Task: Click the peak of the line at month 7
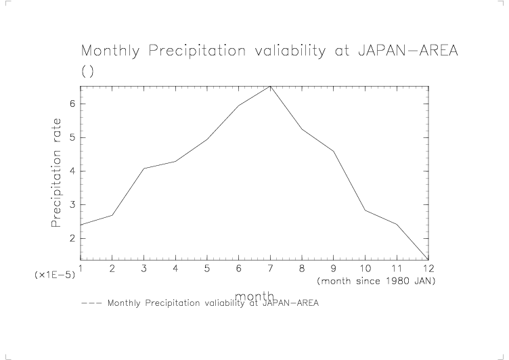pyautogui.click(x=270, y=86)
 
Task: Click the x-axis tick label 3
pyautogui.click(x=143, y=269)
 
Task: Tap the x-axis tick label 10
pyautogui.click(x=365, y=269)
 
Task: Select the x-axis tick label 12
pyautogui.click(x=428, y=269)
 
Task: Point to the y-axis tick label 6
pyautogui.click(x=71, y=104)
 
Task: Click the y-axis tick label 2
pyautogui.click(x=71, y=238)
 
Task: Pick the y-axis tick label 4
pyautogui.click(x=71, y=171)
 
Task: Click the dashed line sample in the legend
pyautogui.click(x=91, y=302)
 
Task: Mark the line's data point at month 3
pyautogui.click(x=143, y=168)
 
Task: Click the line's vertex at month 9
pyautogui.click(x=334, y=151)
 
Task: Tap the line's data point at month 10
pyautogui.click(x=365, y=210)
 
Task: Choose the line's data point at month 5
pyautogui.click(x=207, y=139)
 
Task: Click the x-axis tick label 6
pyautogui.click(x=238, y=269)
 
